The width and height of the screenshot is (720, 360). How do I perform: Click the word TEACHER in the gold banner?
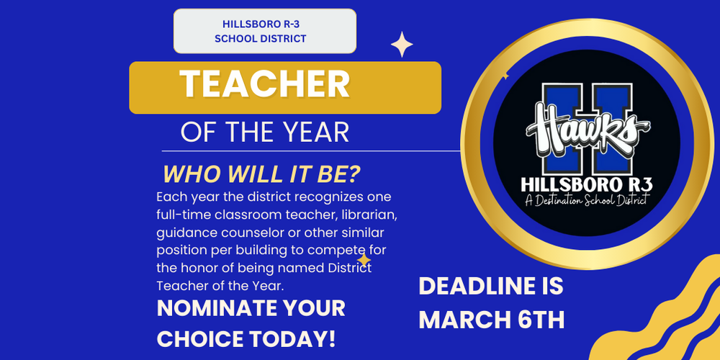tap(264, 86)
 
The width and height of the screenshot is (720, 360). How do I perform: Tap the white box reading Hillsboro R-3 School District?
tap(265, 32)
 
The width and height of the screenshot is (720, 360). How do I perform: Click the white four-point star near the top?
tap(402, 45)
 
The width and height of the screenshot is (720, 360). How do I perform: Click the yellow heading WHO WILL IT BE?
tap(262, 175)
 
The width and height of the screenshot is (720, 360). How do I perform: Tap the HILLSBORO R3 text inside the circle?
tap(585, 183)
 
